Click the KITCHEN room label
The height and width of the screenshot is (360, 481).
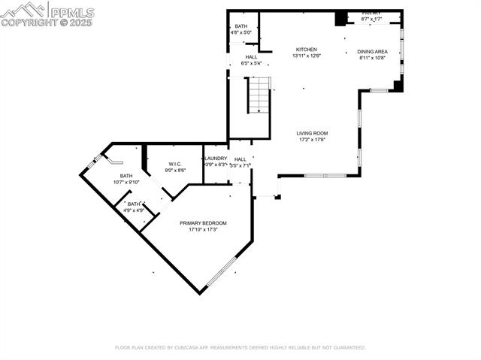[x=306, y=50]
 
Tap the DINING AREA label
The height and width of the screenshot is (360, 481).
[x=371, y=51]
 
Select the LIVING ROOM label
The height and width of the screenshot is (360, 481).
[x=313, y=133]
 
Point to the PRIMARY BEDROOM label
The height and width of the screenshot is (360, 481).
[x=203, y=223]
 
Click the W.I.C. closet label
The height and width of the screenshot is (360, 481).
[x=175, y=164]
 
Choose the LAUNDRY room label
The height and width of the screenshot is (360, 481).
[x=216, y=159]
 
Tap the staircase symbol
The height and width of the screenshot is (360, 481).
[x=259, y=97]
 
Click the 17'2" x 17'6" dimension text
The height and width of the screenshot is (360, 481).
[x=313, y=140]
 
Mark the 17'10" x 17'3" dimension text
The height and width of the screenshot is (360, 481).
[x=203, y=230]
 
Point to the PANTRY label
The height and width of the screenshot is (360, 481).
[x=371, y=14]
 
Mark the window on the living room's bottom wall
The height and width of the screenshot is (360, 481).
[x=325, y=175]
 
